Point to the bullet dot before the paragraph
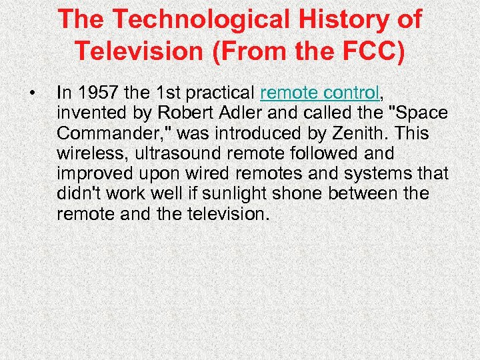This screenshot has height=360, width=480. (31, 91)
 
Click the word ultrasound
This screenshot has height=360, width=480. (176, 153)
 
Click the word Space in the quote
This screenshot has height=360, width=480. (421, 112)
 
